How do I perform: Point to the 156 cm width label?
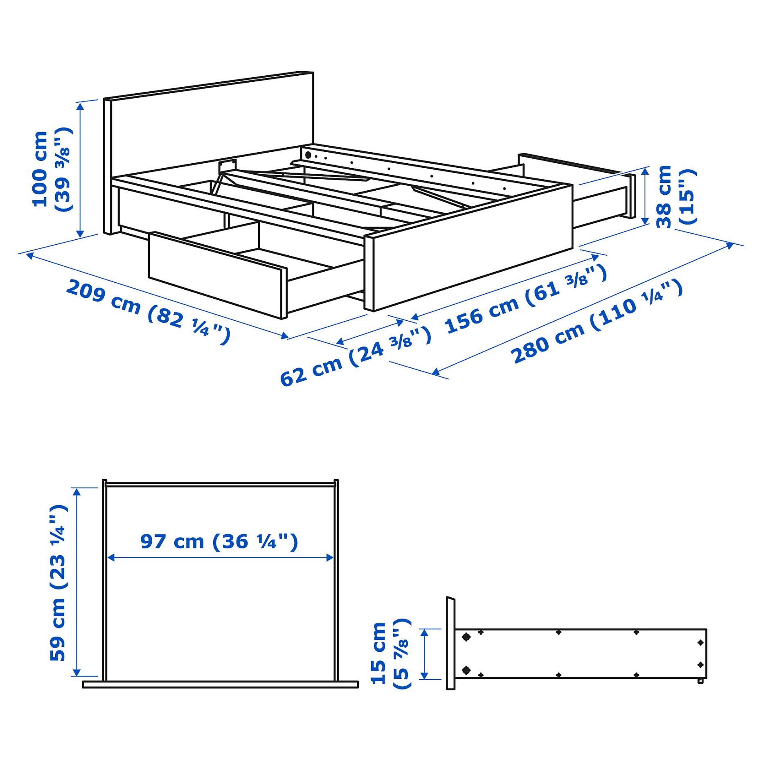(525, 299)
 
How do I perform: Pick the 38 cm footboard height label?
(675, 196)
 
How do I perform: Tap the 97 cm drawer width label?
(219, 542)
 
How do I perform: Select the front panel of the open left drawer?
(215, 274)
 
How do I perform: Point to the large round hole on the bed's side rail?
(308, 155)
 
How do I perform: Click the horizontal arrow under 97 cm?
(220, 558)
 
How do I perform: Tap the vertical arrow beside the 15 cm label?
(424, 654)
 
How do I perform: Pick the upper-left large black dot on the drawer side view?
(466, 637)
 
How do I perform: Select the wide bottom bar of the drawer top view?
(220, 684)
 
